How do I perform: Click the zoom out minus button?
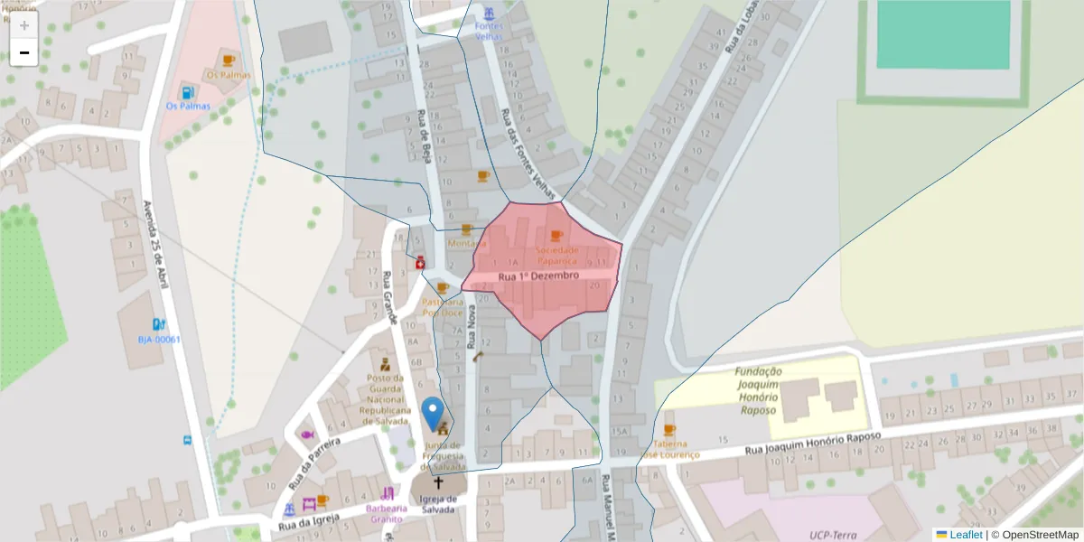(24, 52)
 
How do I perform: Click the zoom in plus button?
(24, 25)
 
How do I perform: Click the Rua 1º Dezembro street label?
(538, 276)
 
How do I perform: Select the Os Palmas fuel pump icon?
(187, 91)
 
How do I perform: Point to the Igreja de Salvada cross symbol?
(439, 483)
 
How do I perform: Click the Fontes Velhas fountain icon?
(489, 14)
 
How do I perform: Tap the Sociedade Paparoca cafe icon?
(556, 236)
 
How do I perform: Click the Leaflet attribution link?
(965, 535)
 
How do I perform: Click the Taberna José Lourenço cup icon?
(669, 430)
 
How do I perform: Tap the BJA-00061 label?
(159, 340)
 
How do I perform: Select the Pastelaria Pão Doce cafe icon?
(443, 288)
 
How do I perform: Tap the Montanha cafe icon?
(466, 230)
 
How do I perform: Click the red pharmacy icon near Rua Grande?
(420, 263)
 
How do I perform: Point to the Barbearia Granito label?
(386, 513)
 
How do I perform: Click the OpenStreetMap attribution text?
(1039, 535)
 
